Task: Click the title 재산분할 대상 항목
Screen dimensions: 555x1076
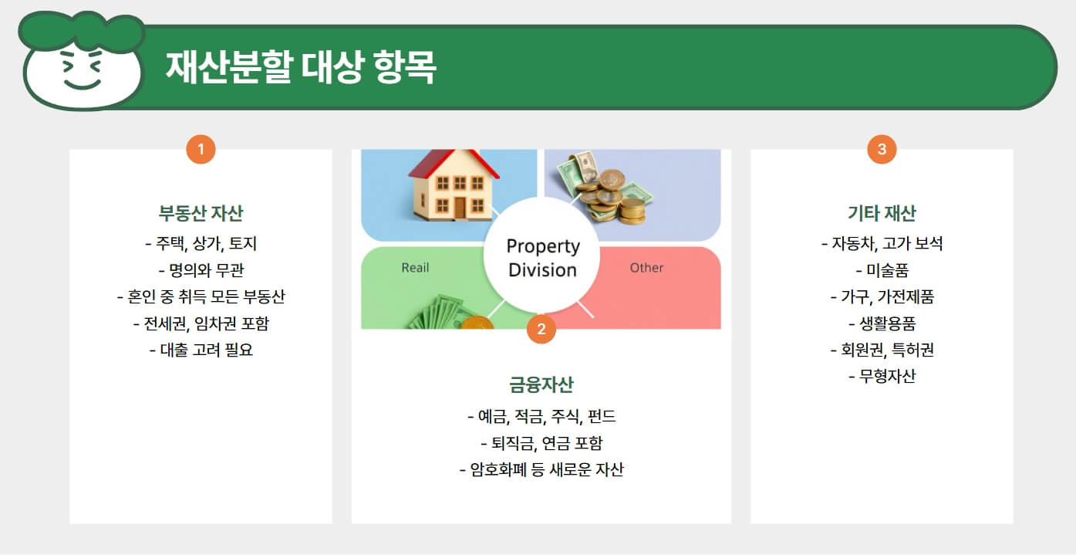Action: pyautogui.click(x=301, y=68)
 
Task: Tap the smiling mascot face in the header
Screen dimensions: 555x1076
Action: pyautogui.click(x=83, y=69)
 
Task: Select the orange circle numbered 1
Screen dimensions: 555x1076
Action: pyautogui.click(x=201, y=149)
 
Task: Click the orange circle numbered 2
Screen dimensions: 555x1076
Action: pyautogui.click(x=541, y=330)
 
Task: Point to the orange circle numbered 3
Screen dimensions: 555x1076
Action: pyautogui.click(x=882, y=149)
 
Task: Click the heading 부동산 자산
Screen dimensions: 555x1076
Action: pyautogui.click(x=201, y=213)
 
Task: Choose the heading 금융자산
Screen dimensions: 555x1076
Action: pyautogui.click(x=541, y=384)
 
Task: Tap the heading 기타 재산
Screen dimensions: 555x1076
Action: pyautogui.click(x=882, y=213)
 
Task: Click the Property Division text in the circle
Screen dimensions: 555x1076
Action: pyautogui.click(x=542, y=258)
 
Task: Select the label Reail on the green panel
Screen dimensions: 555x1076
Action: pyautogui.click(x=415, y=268)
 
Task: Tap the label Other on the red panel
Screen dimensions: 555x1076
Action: pyautogui.click(x=646, y=268)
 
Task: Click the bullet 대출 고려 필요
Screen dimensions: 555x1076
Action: pyautogui.click(x=201, y=350)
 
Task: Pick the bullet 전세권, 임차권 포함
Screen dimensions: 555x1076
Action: pyautogui.click(x=201, y=323)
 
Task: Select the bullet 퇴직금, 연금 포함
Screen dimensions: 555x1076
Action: pyautogui.click(x=541, y=443)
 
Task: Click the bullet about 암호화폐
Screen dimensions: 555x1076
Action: pyautogui.click(x=541, y=469)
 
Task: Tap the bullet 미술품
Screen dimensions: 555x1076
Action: pyautogui.click(x=882, y=271)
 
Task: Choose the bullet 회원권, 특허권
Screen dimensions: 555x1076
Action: pyautogui.click(x=882, y=350)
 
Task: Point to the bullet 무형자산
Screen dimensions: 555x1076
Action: pyautogui.click(x=882, y=376)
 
